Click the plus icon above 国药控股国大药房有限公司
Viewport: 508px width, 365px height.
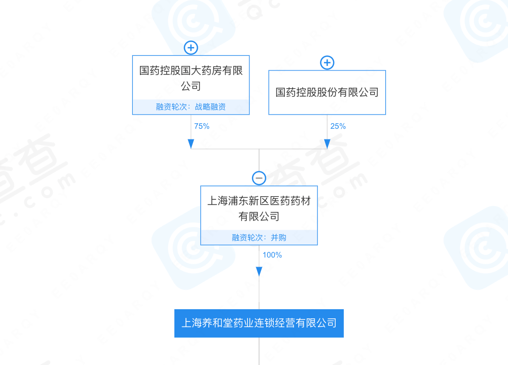191,48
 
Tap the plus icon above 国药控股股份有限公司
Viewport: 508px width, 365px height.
327,62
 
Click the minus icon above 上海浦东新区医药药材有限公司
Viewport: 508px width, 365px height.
259,178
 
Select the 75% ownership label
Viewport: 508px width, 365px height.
202,126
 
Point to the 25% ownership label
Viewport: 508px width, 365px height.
338,126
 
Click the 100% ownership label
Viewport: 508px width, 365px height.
272,255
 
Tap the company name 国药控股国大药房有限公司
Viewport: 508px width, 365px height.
191,78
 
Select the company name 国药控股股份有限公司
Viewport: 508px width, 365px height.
327,92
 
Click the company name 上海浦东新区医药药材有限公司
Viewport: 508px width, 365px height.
259,208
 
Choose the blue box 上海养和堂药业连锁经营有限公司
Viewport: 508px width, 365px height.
259,323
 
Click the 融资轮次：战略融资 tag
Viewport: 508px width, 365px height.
191,107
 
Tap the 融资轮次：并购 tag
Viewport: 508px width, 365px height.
259,237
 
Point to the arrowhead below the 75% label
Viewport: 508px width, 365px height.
191,144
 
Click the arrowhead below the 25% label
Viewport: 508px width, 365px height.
327,144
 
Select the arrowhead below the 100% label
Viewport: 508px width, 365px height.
259,271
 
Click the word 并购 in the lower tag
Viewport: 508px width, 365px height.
279,237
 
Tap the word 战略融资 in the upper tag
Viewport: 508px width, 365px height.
210,107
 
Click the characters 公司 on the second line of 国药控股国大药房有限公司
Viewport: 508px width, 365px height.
191,86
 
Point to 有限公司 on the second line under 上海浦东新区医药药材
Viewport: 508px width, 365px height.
259,216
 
